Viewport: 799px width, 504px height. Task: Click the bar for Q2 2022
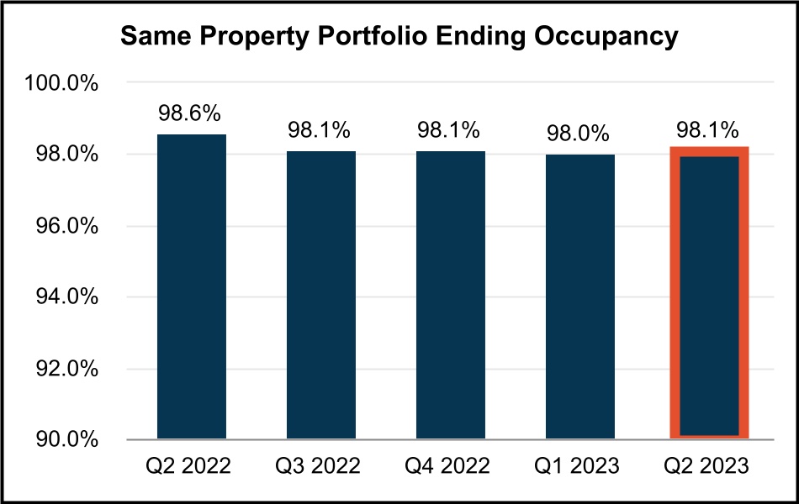[x=192, y=286]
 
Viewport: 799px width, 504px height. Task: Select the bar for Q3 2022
[x=320, y=294]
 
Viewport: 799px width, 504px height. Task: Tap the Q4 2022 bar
[x=450, y=294]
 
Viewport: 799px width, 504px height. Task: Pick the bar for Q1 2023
[x=579, y=296]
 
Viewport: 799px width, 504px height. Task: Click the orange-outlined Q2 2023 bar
[x=709, y=294]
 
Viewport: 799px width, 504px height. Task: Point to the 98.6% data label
[x=192, y=113]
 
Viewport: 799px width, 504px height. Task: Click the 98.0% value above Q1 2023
[x=579, y=134]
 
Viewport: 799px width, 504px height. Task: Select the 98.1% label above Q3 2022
[x=320, y=131]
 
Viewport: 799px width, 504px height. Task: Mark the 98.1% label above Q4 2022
[x=450, y=131]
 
